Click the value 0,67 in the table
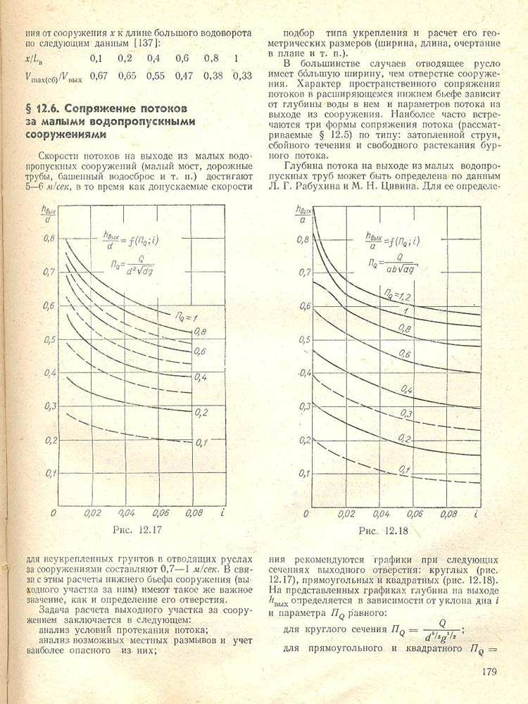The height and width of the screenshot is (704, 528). [99, 75]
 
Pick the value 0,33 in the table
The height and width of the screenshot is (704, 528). [241, 75]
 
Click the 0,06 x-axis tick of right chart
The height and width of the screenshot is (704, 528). [415, 515]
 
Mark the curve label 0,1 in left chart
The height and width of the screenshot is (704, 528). [201, 442]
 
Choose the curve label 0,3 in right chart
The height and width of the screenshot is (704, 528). [406, 413]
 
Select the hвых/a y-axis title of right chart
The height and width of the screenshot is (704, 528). [303, 213]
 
